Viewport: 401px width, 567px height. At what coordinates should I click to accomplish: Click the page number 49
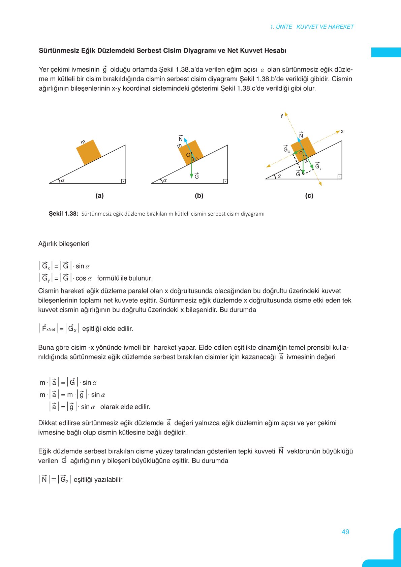click(x=345, y=532)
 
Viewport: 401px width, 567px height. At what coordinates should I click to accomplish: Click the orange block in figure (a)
click(x=89, y=152)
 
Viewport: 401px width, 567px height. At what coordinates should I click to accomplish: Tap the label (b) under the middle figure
click(x=199, y=196)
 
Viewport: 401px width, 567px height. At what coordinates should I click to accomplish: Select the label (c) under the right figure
click(x=309, y=196)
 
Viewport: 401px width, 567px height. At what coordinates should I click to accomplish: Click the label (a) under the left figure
click(x=99, y=196)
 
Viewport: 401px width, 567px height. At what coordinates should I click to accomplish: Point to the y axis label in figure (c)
click(x=282, y=115)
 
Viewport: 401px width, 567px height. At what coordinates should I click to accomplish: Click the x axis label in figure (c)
click(x=342, y=131)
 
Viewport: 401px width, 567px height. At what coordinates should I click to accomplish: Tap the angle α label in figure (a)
click(x=63, y=180)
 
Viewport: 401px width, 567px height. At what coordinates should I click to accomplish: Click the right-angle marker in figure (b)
click(x=225, y=181)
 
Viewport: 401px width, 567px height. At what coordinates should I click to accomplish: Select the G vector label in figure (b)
click(x=197, y=176)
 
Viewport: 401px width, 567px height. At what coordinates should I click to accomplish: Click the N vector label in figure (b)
click(x=181, y=138)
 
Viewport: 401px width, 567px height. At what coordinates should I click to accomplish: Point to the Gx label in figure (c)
click(x=286, y=150)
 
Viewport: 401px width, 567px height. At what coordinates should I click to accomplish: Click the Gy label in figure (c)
click(x=318, y=166)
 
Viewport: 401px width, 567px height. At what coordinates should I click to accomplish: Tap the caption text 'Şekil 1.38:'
click(x=63, y=214)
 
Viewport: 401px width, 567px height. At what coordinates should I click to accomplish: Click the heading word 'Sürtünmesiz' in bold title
click(x=59, y=51)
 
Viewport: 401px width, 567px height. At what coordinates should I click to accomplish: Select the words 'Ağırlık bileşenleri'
click(x=64, y=244)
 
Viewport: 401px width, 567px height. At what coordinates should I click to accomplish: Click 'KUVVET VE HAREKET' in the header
click(x=325, y=27)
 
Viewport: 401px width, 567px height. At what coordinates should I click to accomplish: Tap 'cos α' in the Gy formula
click(x=83, y=278)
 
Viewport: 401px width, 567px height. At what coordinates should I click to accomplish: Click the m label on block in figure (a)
click(x=83, y=142)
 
